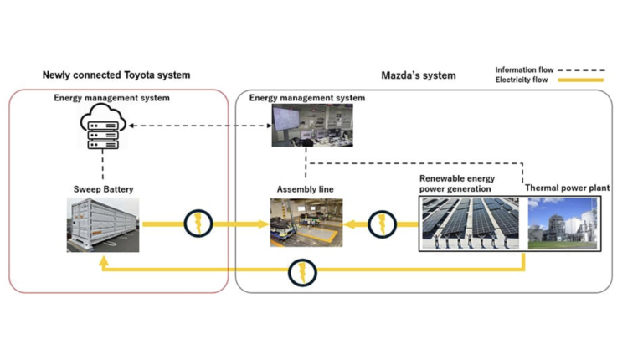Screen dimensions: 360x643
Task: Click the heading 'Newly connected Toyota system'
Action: tap(116, 75)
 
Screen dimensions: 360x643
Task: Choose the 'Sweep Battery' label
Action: tap(103, 189)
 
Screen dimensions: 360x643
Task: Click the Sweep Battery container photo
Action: tap(103, 224)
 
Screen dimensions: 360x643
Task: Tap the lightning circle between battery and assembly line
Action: tap(198, 224)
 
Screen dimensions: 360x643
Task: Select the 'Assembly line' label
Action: tap(305, 189)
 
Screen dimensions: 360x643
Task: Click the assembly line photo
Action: tap(306, 223)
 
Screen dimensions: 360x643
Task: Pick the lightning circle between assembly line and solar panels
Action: tap(382, 224)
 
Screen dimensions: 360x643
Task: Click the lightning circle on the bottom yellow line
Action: tap(302, 272)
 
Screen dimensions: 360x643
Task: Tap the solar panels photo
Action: tap(469, 224)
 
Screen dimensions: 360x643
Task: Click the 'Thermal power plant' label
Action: tap(567, 188)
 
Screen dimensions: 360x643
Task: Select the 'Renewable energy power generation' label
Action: tap(457, 183)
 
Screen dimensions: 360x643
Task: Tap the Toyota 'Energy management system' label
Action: tap(111, 98)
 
